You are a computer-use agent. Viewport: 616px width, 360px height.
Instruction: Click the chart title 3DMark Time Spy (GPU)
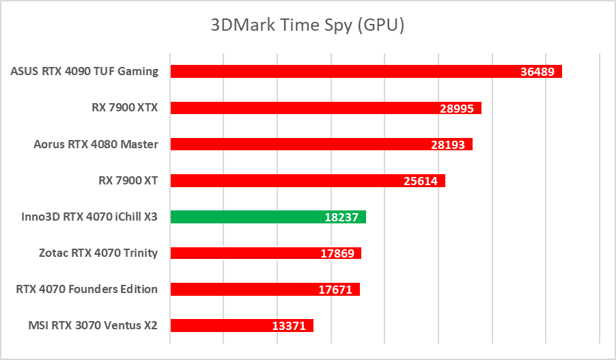pos(307,26)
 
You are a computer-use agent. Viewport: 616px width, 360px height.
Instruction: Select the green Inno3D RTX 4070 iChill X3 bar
pos(268,217)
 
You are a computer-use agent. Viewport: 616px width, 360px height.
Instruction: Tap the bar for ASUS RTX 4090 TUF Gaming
pos(366,72)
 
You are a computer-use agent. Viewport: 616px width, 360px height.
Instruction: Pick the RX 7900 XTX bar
pos(326,108)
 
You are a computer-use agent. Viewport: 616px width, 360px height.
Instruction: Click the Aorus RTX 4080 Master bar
pos(321,144)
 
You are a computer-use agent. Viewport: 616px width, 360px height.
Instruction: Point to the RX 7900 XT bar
pos(307,180)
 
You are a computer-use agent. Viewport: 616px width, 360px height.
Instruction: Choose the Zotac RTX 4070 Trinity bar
pos(266,253)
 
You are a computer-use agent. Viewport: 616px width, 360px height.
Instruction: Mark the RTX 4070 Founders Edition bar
pos(265,290)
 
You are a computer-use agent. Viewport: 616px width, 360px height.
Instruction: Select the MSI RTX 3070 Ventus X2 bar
pos(242,326)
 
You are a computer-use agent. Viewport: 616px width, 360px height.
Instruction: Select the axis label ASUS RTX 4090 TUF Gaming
pos(84,71)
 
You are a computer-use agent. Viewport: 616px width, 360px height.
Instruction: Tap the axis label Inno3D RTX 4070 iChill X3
pos(89,217)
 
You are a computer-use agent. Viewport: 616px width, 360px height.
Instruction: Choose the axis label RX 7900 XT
pos(128,180)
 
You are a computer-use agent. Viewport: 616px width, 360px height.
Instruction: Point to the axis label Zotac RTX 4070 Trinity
pos(98,253)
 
